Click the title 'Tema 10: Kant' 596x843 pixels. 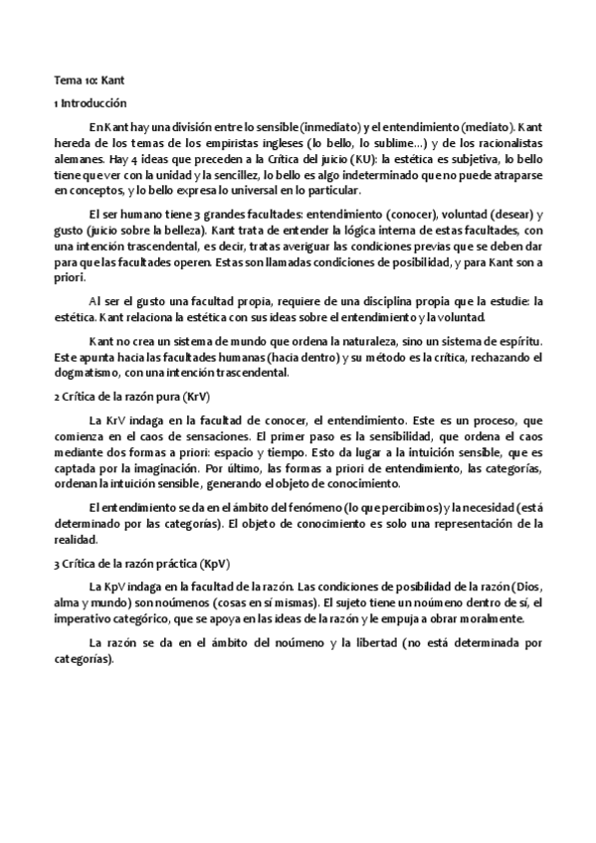pyautogui.click(x=89, y=78)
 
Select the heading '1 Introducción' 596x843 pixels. pyautogui.click(x=91, y=102)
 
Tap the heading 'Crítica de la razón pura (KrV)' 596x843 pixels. pyautogui.click(x=117, y=395)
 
